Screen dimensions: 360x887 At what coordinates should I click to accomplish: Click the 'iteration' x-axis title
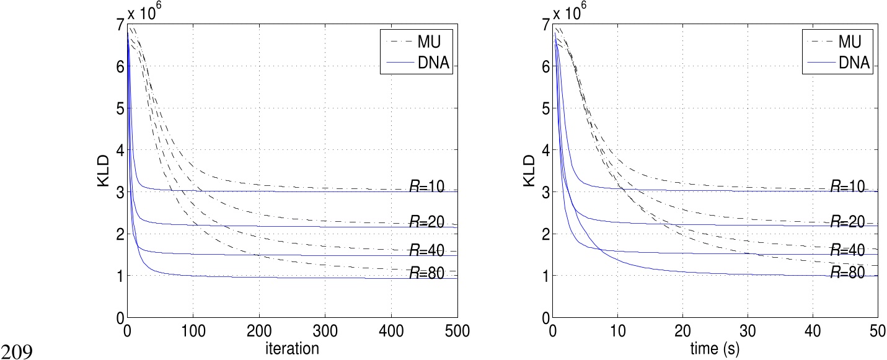(292, 349)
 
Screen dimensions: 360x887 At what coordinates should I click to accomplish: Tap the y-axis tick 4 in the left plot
(120, 151)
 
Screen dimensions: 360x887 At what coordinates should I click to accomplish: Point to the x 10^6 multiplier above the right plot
(573, 11)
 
